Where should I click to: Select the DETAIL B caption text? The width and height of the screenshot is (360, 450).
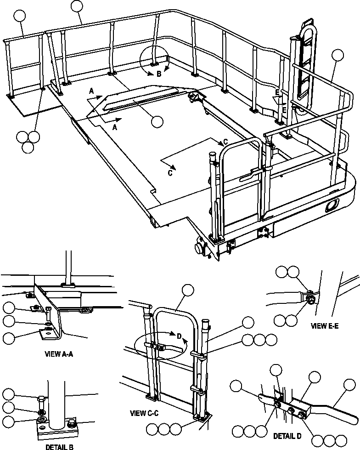[x=61, y=446]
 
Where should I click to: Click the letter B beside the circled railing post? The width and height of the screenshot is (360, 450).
[x=159, y=74]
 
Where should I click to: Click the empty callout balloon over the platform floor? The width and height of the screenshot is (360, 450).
[x=157, y=121]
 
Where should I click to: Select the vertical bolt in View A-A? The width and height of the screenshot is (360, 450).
[x=48, y=316]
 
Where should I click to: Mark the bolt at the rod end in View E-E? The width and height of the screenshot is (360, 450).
[x=311, y=301]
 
